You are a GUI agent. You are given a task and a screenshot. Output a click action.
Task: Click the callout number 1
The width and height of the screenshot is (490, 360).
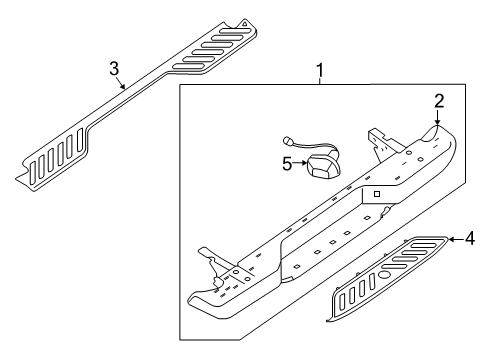pyautogui.click(x=320, y=71)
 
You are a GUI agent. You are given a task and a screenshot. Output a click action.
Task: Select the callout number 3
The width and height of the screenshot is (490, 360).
pyautogui.click(x=114, y=67)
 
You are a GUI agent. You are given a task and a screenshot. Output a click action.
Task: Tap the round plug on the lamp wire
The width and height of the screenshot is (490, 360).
pyautogui.click(x=289, y=141)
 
